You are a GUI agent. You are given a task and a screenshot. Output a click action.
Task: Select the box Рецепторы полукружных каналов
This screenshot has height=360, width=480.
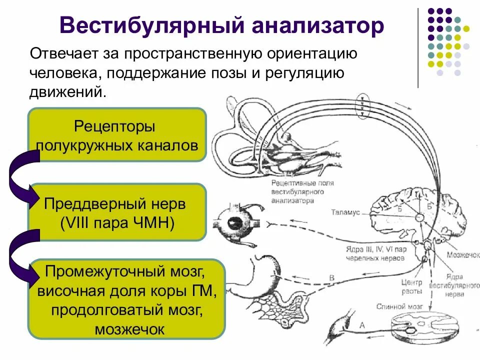(x=117, y=135)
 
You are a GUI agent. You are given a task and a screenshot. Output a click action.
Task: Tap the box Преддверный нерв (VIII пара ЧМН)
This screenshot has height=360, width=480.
(x=117, y=212)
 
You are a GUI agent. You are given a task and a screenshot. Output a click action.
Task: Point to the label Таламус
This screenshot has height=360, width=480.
(x=345, y=212)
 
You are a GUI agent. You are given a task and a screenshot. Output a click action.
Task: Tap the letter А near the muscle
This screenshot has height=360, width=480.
(x=362, y=325)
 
